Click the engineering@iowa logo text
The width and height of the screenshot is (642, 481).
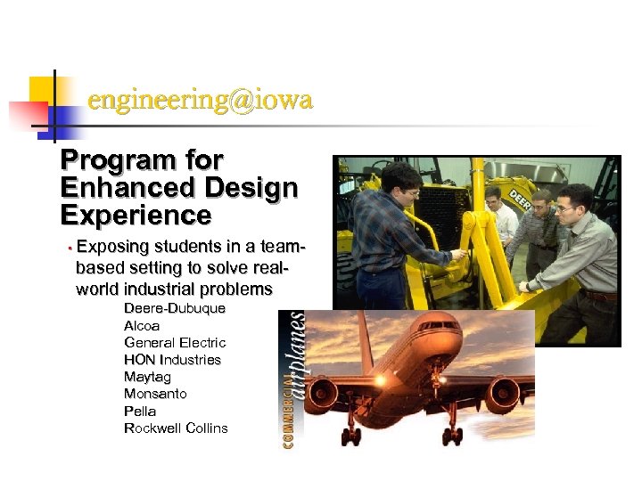[200, 101]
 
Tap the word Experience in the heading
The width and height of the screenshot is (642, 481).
[136, 216]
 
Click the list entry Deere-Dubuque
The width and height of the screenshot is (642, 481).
[174, 308]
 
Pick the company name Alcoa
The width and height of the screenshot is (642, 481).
[142, 326]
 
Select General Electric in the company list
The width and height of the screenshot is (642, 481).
[175, 343]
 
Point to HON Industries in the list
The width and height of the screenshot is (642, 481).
[172, 360]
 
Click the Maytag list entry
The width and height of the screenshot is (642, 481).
[147, 377]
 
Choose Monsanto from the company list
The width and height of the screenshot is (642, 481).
[155, 394]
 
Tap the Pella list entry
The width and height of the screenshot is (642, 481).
[140, 412]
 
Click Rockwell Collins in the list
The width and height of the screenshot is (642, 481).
[176, 428]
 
